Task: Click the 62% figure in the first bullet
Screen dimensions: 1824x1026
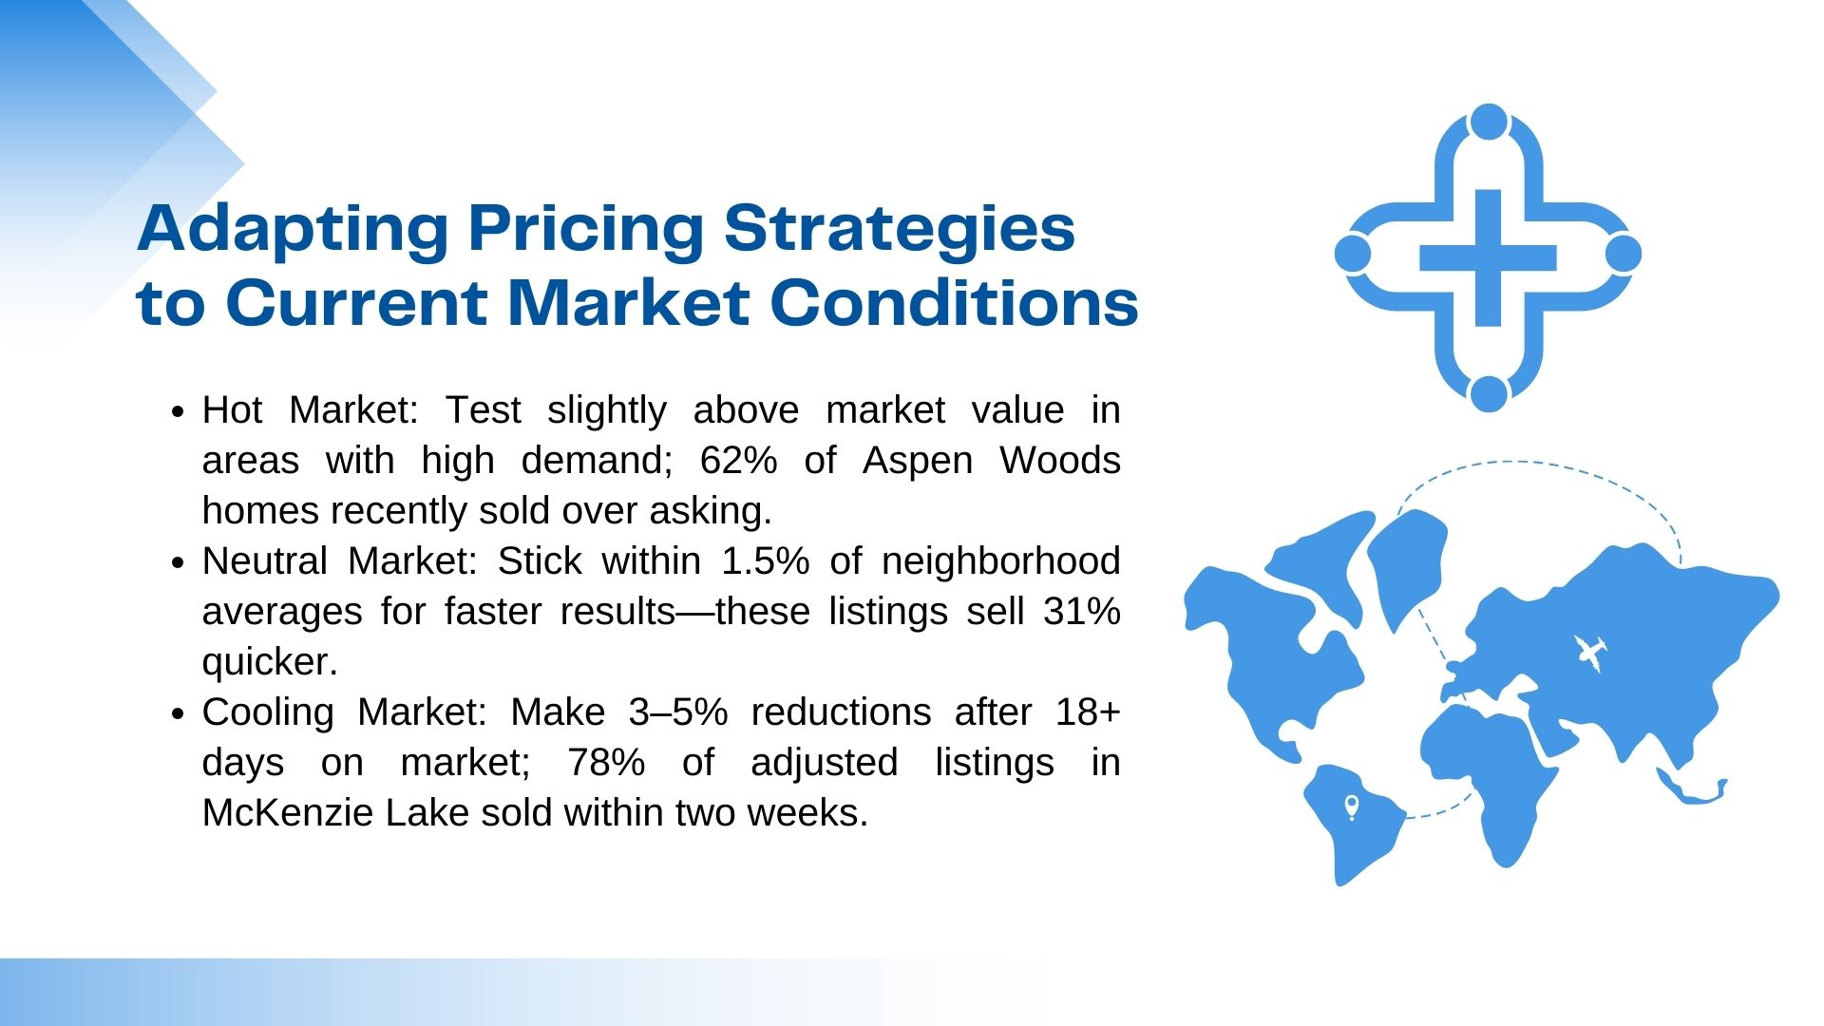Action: click(x=738, y=461)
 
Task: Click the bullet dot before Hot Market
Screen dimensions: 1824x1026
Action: click(x=179, y=412)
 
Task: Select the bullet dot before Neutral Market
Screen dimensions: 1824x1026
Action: click(x=179, y=563)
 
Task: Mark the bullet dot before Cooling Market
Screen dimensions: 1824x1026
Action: click(x=179, y=714)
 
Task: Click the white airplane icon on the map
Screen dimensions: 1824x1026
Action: click(x=1589, y=653)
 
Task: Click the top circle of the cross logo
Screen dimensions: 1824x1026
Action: click(x=1489, y=123)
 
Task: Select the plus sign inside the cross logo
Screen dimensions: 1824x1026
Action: click(x=1488, y=257)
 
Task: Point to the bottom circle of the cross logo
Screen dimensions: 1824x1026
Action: click(x=1489, y=393)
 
